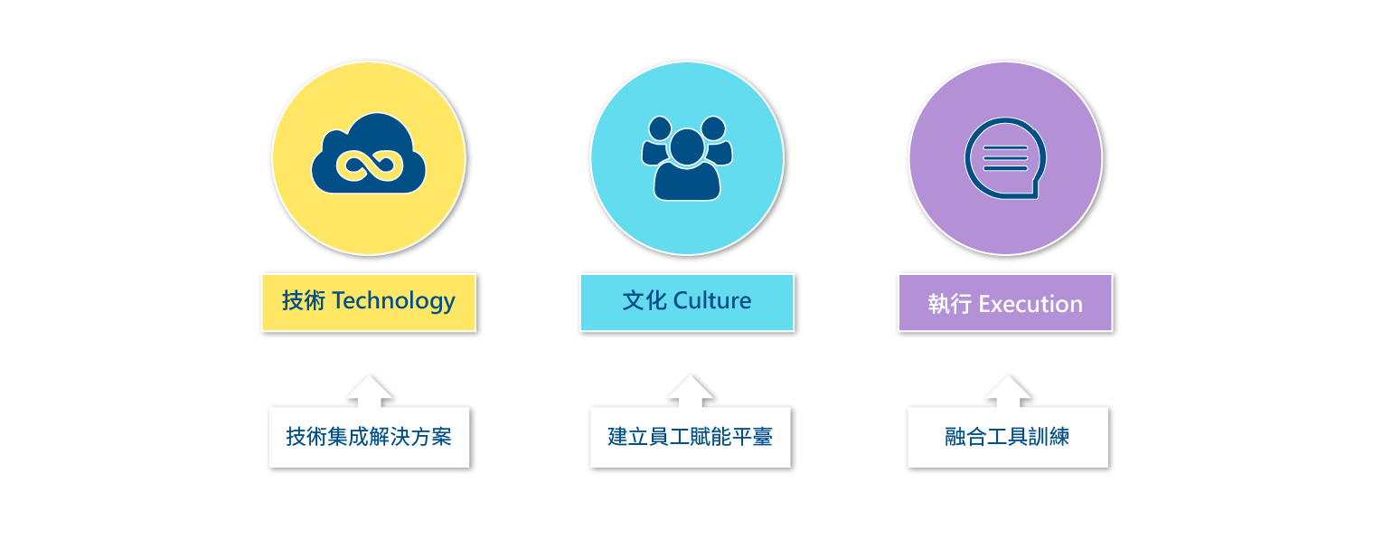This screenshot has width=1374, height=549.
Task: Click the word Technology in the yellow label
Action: (393, 301)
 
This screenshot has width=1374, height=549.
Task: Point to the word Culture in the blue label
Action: (712, 301)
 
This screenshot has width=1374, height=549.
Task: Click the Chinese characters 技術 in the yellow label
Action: (303, 301)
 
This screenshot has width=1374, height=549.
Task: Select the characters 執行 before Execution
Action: (948, 304)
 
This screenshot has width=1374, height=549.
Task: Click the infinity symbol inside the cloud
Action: (368, 166)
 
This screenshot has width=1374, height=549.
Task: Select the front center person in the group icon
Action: (687, 167)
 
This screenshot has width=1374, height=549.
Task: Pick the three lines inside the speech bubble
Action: (1005, 157)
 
